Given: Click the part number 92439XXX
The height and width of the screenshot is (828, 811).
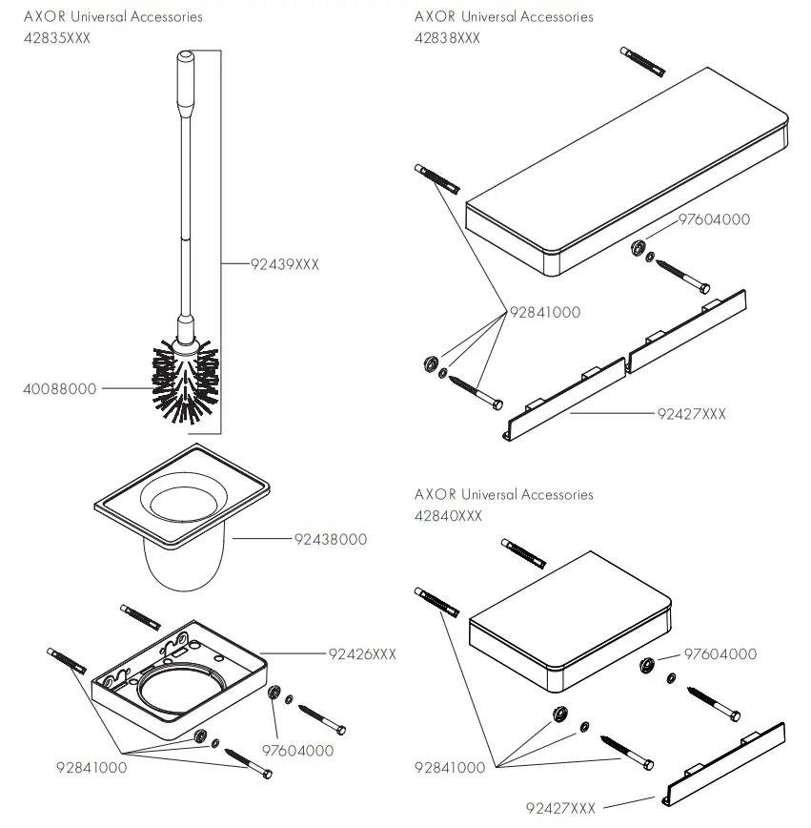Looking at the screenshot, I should coord(285,264).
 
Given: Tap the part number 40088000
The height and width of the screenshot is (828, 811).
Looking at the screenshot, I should coord(60,389).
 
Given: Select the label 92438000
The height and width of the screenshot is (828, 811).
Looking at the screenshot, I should coord(330,539).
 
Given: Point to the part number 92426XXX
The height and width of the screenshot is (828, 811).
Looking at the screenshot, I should coord(362,654).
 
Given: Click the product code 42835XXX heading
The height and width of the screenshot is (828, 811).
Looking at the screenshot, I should coord(57,37).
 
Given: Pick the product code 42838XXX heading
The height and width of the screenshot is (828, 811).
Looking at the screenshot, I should coord(447,37).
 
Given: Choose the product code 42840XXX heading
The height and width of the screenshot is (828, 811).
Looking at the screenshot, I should coord(448,515).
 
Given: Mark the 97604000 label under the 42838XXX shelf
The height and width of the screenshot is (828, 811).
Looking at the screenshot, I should coord(714,219).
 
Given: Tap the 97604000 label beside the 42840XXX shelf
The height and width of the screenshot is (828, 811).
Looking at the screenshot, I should coord(721,653).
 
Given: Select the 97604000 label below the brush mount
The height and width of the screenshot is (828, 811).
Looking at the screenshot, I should coord(298,751).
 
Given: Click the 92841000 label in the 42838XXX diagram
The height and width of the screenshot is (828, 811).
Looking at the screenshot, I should coord(544,312).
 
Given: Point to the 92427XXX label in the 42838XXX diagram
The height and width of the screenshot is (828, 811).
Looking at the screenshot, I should coord(692,414).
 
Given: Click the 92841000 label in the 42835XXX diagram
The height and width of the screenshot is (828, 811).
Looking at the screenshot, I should coord(91,767).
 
